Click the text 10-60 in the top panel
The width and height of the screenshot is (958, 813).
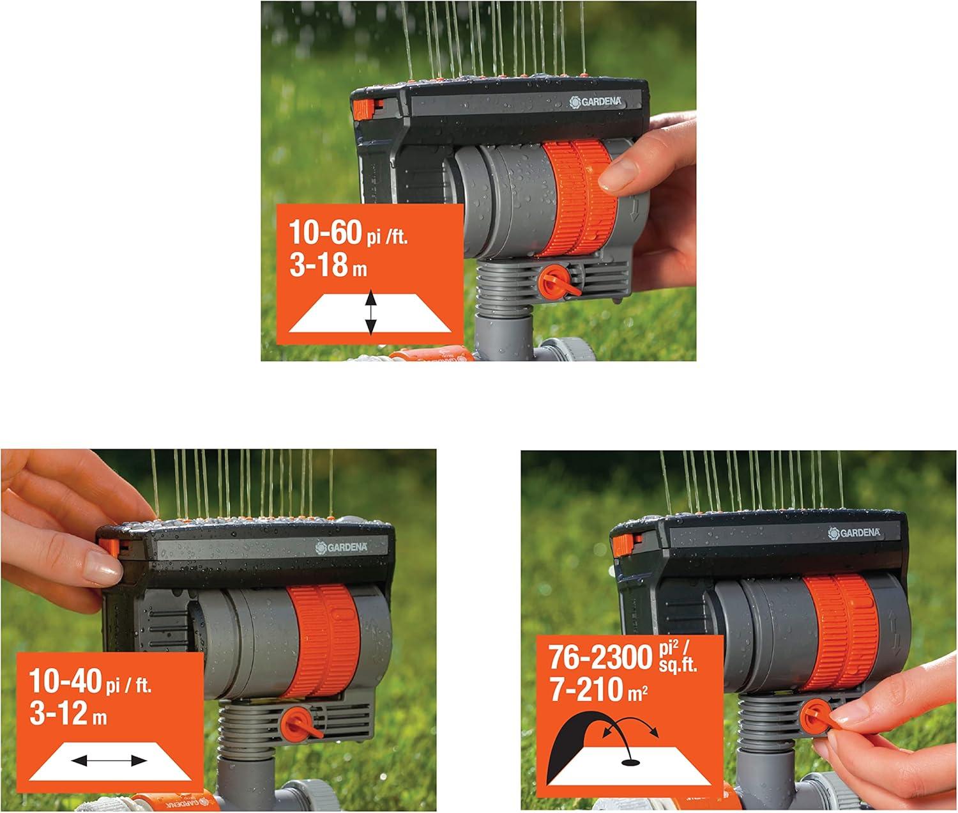pos(326,233)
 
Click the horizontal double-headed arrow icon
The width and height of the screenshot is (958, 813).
pos(109,761)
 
